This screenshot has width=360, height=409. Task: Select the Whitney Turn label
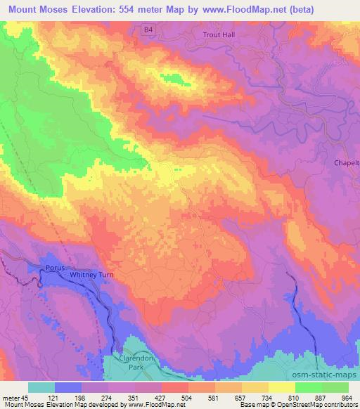(x=91, y=275)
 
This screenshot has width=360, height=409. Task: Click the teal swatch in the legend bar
(x=41, y=387)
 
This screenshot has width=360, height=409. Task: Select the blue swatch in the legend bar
(x=68, y=387)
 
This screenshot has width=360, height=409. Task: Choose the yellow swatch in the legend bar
(x=282, y=387)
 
